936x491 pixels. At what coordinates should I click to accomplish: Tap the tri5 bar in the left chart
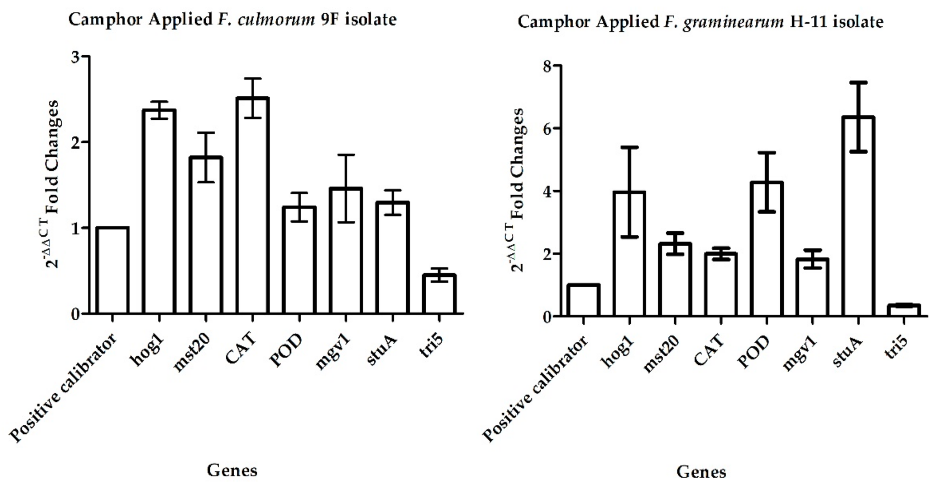coord(439,294)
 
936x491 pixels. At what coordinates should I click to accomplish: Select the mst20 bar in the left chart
coord(206,235)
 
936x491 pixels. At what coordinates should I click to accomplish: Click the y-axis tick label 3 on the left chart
coord(75,57)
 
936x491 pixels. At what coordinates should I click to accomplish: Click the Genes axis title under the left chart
coord(232,471)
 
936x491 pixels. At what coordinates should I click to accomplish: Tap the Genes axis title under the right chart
coord(701,472)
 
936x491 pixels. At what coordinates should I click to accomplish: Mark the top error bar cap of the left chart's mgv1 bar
coord(345,155)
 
